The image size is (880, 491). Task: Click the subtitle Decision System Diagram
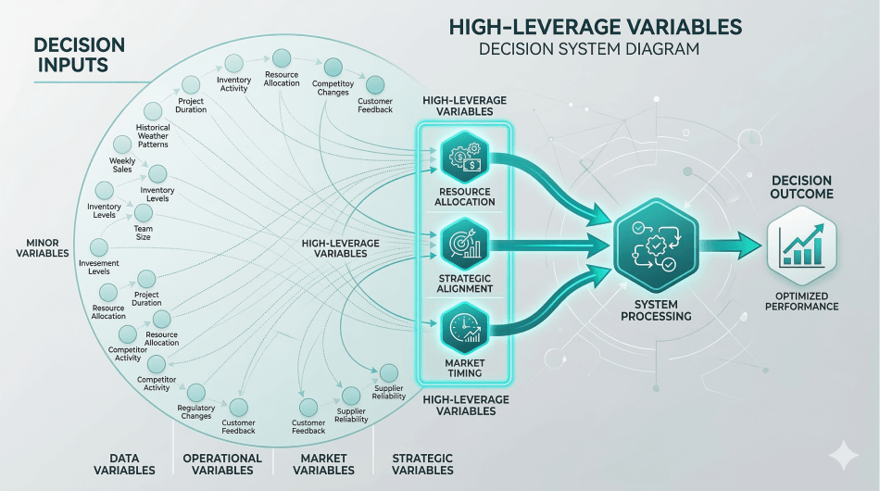[589, 49]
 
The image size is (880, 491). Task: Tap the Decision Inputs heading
[77, 53]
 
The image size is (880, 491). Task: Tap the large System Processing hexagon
[657, 246]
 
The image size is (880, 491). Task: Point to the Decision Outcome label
[802, 187]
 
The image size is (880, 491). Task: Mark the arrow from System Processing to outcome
[732, 246]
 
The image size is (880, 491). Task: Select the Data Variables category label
[125, 464]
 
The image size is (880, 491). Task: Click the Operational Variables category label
[222, 464]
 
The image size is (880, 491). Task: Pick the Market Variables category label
[323, 464]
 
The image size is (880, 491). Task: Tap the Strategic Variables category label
[422, 464]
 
